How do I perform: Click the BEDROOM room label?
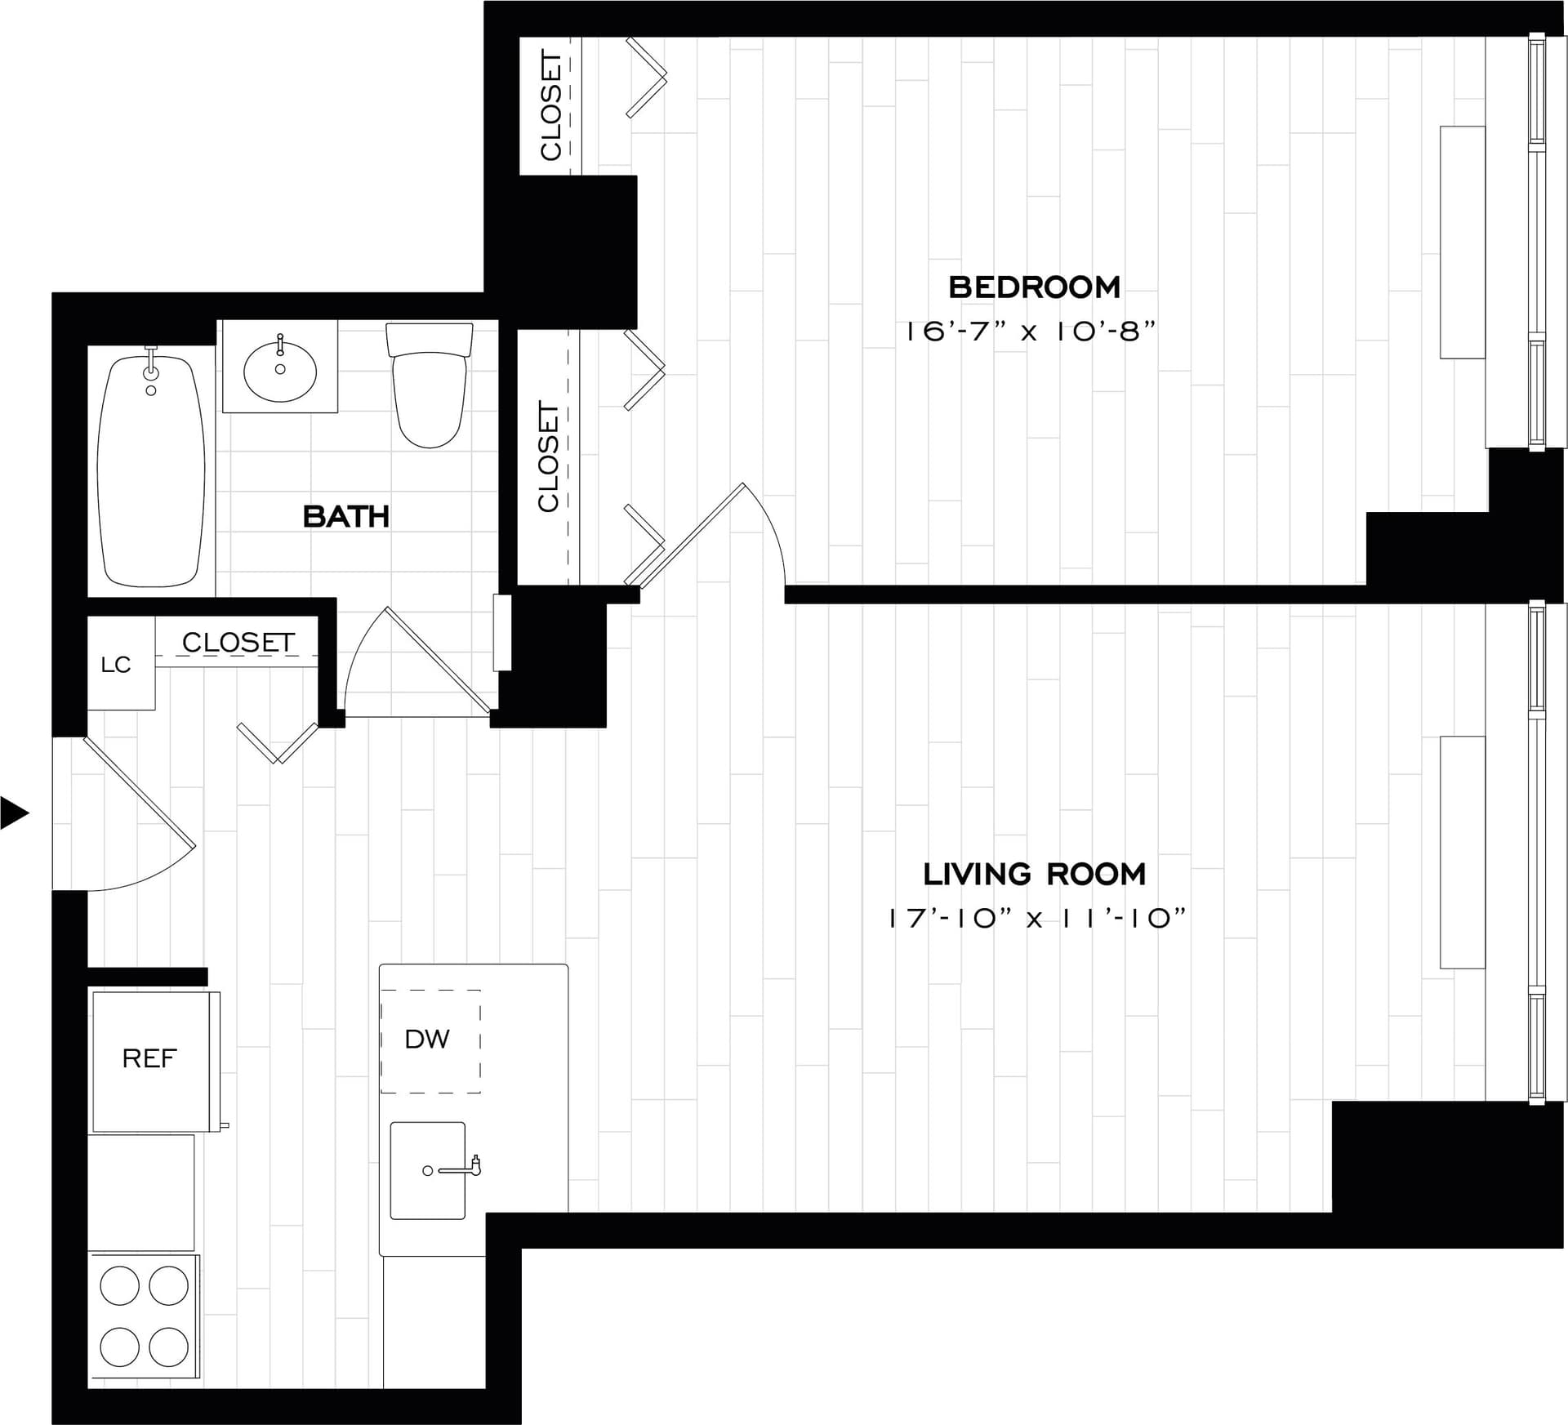(x=1034, y=287)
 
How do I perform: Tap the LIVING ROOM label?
(x=1034, y=875)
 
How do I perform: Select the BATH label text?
(x=345, y=517)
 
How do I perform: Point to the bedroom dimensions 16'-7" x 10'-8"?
(x=1031, y=332)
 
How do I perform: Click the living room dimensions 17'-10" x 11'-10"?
(x=1036, y=919)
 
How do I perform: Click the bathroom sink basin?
(x=280, y=372)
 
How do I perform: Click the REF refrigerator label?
(x=149, y=1058)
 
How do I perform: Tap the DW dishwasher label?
(x=427, y=1039)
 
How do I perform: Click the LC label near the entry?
(x=116, y=665)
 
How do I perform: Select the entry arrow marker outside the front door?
(x=15, y=812)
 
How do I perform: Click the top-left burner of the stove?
(x=120, y=1287)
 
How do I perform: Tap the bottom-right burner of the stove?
(x=169, y=1347)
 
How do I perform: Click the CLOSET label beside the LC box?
(x=238, y=643)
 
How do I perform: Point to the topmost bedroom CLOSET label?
(x=551, y=105)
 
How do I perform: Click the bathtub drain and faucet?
(x=150, y=376)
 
